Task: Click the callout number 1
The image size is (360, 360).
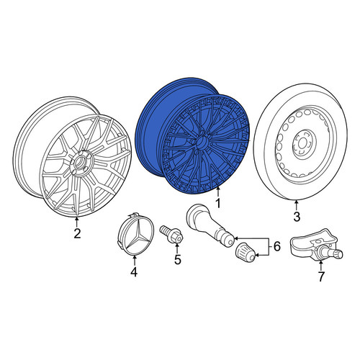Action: [218, 204]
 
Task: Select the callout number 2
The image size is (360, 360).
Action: [77, 233]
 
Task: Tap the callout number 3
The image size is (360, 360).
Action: [297, 217]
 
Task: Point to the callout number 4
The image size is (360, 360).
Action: [134, 271]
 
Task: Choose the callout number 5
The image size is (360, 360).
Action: [177, 259]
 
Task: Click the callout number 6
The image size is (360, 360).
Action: [276, 246]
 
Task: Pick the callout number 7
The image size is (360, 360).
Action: [321, 276]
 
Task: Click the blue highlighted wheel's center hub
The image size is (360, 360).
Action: [201, 142]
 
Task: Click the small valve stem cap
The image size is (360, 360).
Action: [246, 252]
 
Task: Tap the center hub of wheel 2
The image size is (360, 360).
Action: [80, 163]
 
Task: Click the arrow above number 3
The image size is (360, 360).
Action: [296, 206]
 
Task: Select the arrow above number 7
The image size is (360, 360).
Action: [320, 266]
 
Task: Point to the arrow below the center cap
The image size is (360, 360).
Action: [135, 261]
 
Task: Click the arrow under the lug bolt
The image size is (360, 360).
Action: [177, 248]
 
